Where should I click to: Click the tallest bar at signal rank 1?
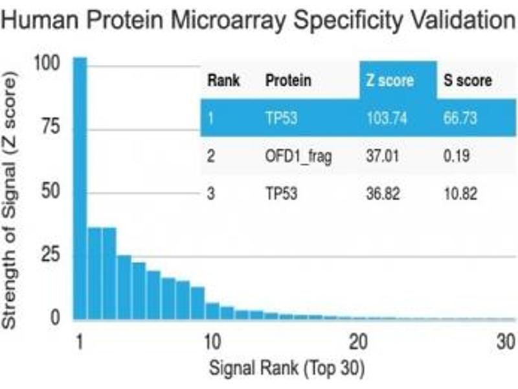click(x=80, y=188)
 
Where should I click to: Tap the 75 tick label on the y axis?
click(x=51, y=127)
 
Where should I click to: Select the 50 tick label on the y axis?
click(x=51, y=191)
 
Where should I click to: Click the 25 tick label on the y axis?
click(x=51, y=254)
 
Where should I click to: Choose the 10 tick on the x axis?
click(x=211, y=342)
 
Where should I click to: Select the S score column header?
click(x=467, y=81)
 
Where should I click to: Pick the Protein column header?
click(x=288, y=81)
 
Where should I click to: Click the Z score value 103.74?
click(x=387, y=118)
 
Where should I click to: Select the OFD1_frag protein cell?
click(x=298, y=156)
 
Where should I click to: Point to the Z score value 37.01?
click(x=383, y=156)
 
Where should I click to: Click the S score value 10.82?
click(x=460, y=194)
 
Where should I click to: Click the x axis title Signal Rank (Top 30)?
click(x=287, y=369)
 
